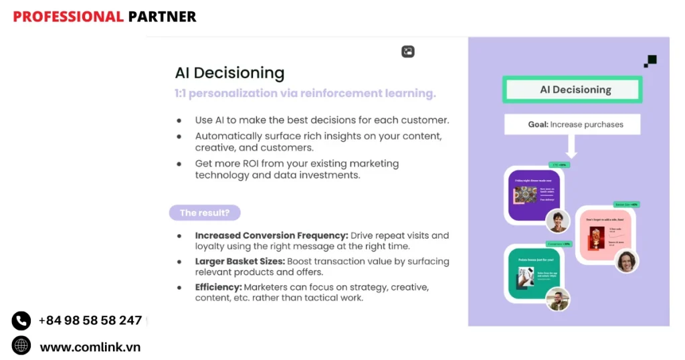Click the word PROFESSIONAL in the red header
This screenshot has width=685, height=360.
[x=68, y=17]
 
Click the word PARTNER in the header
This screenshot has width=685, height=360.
[x=162, y=17]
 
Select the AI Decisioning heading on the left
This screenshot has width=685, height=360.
[x=229, y=73]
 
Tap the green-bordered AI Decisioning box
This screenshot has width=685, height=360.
[x=572, y=90]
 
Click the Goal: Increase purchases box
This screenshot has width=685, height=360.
[x=572, y=124]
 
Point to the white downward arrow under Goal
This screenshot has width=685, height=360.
[x=571, y=147]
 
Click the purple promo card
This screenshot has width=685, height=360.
[x=532, y=194]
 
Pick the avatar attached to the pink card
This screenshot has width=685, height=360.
[x=627, y=261]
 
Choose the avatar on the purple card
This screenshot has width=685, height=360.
[x=557, y=221]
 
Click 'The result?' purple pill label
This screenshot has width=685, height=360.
[x=204, y=213]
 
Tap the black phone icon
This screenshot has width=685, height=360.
[x=21, y=321]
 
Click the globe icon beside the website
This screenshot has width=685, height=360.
[x=21, y=346]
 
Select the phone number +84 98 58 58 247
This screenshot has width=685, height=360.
[x=90, y=321]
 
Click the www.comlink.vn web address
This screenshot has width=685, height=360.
[x=90, y=347]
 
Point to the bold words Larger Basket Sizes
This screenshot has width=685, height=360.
[x=238, y=262]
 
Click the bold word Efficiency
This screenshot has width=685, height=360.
[x=218, y=287]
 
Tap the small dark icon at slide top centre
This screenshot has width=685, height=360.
[x=407, y=52]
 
